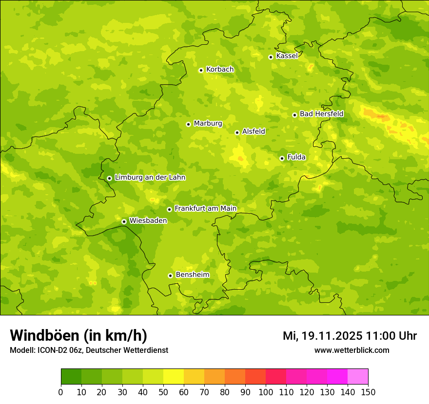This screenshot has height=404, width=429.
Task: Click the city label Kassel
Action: [x=287, y=56]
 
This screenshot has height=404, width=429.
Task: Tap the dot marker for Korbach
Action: [x=201, y=70]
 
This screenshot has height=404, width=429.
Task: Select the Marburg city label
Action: [x=208, y=124]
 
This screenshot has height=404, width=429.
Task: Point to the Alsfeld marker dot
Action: [x=237, y=132]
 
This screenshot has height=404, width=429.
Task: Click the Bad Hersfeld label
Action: [x=321, y=114]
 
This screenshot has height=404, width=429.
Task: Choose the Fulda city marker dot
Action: [x=282, y=158]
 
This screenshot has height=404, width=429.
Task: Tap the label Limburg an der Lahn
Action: [x=150, y=178]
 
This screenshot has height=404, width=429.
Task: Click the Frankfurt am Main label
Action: [x=205, y=208]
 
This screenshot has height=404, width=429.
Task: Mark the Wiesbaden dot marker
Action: [x=124, y=221]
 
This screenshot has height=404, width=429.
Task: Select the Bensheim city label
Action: [x=192, y=275]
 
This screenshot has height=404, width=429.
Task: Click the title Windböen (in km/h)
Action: [x=78, y=335]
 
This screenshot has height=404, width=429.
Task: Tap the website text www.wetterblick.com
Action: [x=351, y=350]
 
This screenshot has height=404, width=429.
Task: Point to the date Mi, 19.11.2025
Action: [x=322, y=336]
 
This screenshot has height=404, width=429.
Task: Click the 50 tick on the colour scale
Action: [x=163, y=392]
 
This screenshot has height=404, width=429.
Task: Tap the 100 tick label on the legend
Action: [x=266, y=392]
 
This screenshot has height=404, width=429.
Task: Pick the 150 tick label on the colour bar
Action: [x=368, y=392]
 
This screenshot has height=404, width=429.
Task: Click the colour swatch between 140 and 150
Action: [x=358, y=377]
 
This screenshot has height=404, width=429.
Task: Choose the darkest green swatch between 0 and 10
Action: [x=71, y=377]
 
